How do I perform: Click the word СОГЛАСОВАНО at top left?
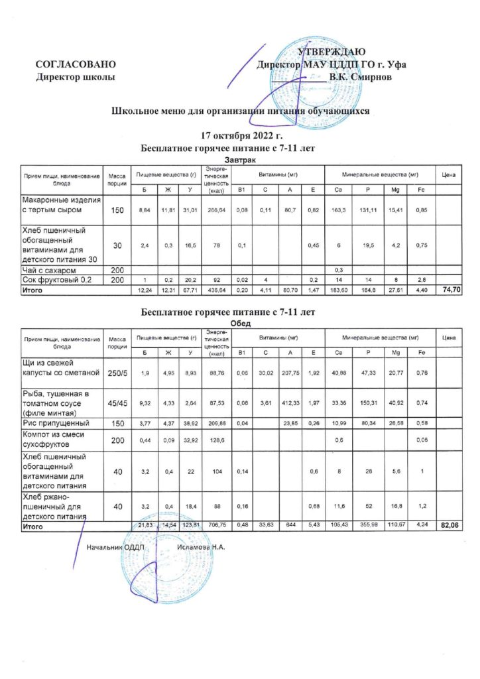[x=76, y=64]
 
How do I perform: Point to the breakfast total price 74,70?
[x=451, y=290]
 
